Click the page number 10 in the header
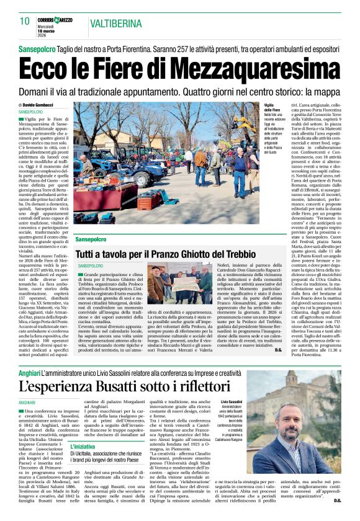click(x=24, y=21)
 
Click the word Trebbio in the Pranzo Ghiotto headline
click(x=240, y=254)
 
